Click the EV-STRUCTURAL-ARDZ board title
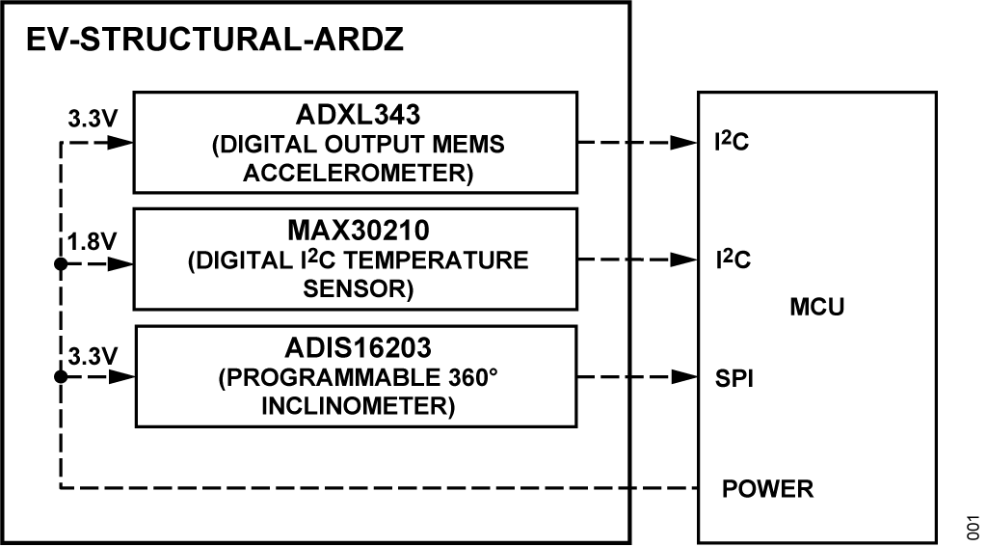(214, 41)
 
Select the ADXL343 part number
(356, 115)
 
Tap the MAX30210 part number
(356, 232)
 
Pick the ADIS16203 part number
(356, 348)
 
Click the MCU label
(816, 308)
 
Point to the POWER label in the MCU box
(767, 489)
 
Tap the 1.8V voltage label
(93, 241)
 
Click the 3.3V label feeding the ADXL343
(93, 123)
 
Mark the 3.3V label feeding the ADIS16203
(93, 357)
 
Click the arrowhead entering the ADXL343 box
(120, 144)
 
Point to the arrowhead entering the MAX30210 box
(120, 262)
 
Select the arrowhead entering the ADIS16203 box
(120, 378)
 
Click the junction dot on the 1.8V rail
(61, 262)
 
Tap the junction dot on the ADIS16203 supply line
(61, 378)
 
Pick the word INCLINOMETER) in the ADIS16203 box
(356, 406)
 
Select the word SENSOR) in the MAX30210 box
(356, 289)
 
